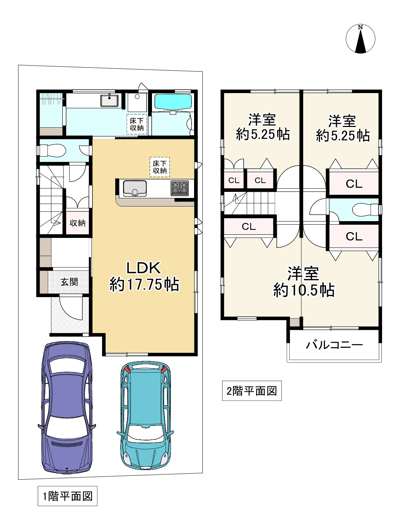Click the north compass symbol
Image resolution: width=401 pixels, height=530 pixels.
pyautogui.click(x=360, y=39)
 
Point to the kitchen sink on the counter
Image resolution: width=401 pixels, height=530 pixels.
pyautogui.click(x=135, y=188)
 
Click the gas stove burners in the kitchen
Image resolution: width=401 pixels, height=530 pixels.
pyautogui.click(x=179, y=188)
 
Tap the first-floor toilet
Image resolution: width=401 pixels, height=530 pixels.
pyautogui.click(x=52, y=151)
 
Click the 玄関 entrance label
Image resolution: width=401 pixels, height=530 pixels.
pyautogui.click(x=69, y=282)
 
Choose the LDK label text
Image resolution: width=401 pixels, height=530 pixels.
pyautogui.click(x=144, y=268)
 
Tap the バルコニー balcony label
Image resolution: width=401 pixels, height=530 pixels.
pyautogui.click(x=334, y=345)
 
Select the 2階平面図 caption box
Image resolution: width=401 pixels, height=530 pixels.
pyautogui.click(x=252, y=391)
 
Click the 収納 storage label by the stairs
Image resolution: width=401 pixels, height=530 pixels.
pyautogui.click(x=77, y=223)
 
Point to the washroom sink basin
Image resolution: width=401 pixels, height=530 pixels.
pyautogui.click(x=110, y=100)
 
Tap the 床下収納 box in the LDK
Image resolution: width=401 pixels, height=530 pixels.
pyautogui.click(x=159, y=167)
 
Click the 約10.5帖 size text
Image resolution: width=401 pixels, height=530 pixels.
pyautogui.click(x=304, y=290)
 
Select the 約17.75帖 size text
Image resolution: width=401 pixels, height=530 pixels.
pyautogui.click(x=144, y=284)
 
